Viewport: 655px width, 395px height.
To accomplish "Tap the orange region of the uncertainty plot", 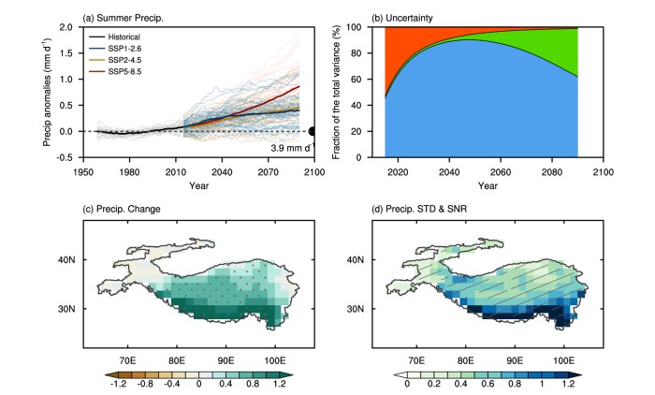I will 412,51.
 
